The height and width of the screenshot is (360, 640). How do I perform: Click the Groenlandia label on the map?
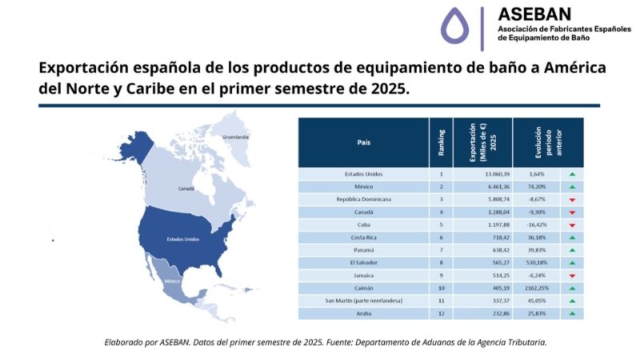click(235, 138)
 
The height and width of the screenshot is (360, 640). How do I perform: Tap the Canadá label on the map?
click(186, 189)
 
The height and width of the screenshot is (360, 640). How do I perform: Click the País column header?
click(364, 143)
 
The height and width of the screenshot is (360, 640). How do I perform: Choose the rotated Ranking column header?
click(442, 142)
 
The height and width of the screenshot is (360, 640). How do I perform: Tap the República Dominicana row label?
click(364, 199)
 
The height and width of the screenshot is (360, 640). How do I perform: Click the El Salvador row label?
click(364, 262)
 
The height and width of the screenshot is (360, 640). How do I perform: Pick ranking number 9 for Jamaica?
click(441, 275)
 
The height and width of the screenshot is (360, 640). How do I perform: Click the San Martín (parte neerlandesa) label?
click(364, 301)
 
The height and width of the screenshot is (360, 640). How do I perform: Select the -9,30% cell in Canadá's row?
click(538, 212)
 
